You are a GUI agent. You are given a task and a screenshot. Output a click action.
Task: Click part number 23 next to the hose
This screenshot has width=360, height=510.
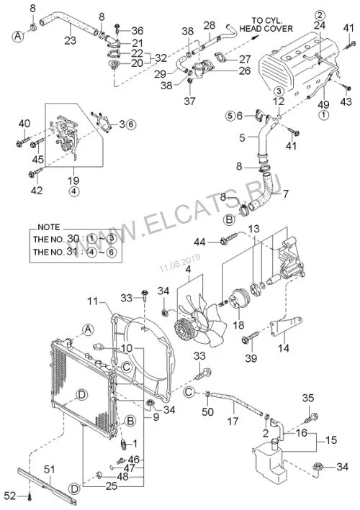(x=70, y=40)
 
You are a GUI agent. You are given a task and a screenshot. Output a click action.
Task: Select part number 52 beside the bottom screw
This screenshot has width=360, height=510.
(x=10, y=496)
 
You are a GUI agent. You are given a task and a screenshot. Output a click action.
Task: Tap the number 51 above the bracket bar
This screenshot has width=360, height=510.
(x=50, y=469)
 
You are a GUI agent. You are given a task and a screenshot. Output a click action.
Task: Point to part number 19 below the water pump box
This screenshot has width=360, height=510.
(x=74, y=181)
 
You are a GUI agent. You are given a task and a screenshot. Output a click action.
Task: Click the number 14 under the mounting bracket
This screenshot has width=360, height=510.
(x=284, y=348)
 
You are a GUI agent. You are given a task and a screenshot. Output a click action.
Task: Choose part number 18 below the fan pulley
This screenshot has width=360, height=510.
(x=238, y=325)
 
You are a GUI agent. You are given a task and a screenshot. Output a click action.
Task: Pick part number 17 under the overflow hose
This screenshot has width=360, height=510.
(x=233, y=422)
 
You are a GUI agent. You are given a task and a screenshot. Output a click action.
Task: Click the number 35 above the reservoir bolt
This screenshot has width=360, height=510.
(x=308, y=398)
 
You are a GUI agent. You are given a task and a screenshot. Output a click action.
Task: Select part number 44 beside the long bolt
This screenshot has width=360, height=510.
(x=200, y=242)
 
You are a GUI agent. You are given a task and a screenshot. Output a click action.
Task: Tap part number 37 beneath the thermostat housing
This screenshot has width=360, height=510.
(x=189, y=101)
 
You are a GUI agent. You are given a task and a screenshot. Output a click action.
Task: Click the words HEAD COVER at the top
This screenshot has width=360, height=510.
(x=266, y=29)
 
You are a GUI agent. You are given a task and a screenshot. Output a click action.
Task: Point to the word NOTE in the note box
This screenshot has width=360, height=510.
(x=49, y=227)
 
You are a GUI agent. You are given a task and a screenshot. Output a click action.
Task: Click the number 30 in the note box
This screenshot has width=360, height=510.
(x=73, y=239)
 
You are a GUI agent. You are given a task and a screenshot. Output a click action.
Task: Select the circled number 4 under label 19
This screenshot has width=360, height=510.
(x=74, y=191)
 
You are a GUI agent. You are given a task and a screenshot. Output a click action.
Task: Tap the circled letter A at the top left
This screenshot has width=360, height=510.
(x=18, y=36)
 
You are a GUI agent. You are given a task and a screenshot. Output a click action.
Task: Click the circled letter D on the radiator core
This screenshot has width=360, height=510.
(x=81, y=395)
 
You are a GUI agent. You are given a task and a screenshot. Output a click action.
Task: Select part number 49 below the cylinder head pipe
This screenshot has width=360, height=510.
(x=323, y=104)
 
